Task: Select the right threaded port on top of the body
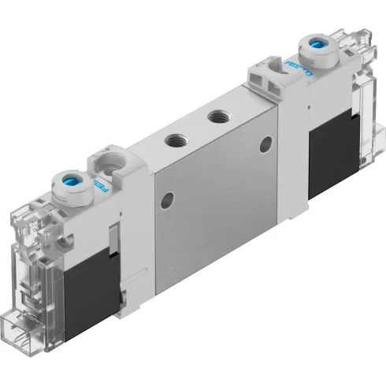click(213, 117)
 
